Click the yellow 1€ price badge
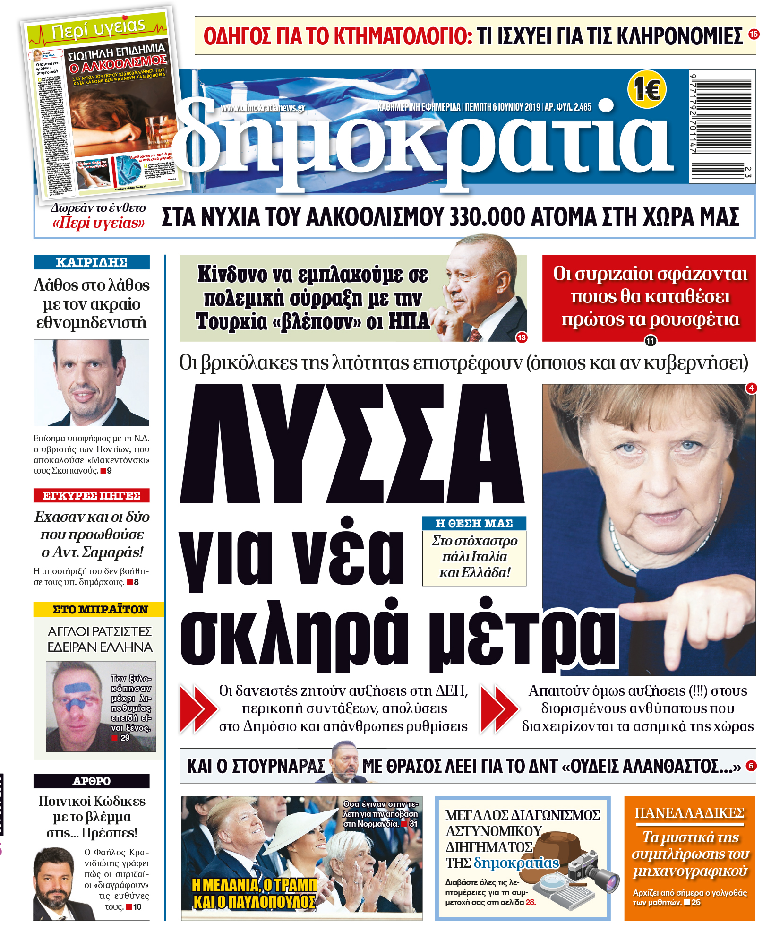(646, 89)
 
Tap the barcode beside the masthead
(721, 126)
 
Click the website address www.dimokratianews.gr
(263, 108)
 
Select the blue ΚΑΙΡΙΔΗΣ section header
(92, 262)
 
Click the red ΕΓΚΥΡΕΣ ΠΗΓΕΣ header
(92, 495)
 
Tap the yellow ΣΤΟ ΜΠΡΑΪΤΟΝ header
(99, 609)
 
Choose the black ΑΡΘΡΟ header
(92, 781)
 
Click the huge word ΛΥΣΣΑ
(352, 444)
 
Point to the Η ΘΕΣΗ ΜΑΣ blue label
(474, 523)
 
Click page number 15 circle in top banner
(754, 34)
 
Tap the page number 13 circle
(522, 337)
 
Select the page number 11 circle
(651, 341)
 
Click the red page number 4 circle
(751, 388)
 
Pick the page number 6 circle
(751, 766)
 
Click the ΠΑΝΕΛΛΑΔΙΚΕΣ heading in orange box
(690, 813)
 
